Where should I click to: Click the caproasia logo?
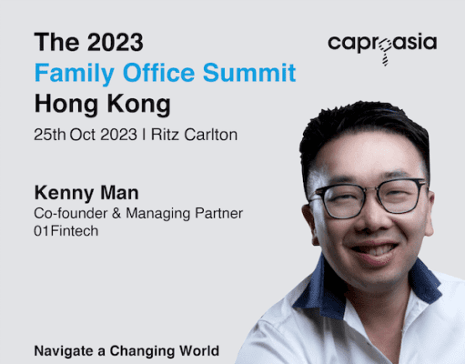coord(382,48)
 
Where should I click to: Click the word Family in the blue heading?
coord(75,73)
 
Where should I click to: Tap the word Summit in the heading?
coord(249,73)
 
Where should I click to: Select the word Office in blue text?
coord(158,73)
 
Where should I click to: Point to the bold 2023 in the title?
coord(116,42)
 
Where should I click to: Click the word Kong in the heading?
coord(139,105)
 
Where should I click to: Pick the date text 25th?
coord(50,135)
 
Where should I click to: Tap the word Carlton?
coord(211,135)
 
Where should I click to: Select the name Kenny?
coord(65,194)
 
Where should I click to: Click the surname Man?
coord(119,193)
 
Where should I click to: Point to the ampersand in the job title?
coord(116,213)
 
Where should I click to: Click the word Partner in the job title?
coord(218,213)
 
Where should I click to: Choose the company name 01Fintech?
coord(66,231)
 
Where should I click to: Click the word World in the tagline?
coord(199,351)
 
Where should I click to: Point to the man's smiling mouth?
coord(375,252)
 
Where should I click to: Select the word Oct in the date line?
coord(82,135)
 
